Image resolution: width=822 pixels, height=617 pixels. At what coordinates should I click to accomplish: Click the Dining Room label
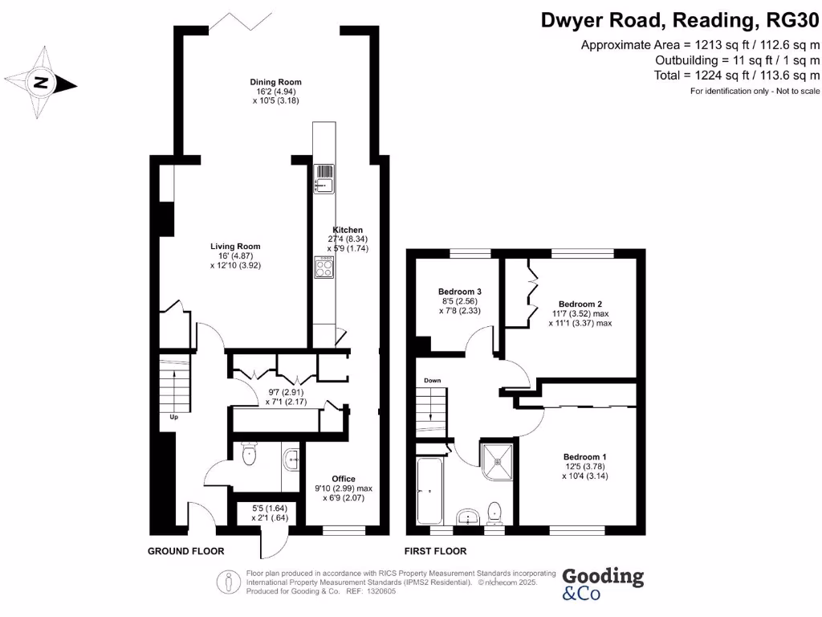[276, 82]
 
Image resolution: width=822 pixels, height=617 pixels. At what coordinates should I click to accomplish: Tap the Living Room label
[235, 247]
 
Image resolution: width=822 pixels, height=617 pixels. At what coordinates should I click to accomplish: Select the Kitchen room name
[348, 230]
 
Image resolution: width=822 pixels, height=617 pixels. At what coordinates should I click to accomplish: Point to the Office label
[344, 479]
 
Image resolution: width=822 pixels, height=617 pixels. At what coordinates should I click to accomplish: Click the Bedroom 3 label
[460, 292]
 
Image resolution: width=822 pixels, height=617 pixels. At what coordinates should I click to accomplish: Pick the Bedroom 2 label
[580, 304]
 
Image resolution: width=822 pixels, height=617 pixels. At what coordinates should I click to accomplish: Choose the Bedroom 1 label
[585, 457]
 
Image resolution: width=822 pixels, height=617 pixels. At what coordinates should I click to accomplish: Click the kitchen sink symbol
[324, 179]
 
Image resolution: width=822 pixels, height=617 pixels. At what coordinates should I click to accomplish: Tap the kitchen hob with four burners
[324, 267]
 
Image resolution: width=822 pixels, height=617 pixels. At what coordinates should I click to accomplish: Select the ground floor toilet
[249, 454]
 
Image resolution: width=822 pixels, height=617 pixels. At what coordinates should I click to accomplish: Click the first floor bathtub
[430, 491]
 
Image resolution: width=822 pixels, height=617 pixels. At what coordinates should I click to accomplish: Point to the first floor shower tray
[497, 462]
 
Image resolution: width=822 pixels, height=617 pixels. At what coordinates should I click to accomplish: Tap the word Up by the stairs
[173, 417]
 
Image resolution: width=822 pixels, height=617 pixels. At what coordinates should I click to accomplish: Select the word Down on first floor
[433, 380]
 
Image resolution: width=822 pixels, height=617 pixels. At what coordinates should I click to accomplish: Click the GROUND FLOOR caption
[185, 551]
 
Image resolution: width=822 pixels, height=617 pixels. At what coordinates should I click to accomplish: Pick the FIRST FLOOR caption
[435, 551]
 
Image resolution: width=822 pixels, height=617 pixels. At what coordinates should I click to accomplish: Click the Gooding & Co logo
[603, 584]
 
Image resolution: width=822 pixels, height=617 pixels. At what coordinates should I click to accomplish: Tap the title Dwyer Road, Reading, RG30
[680, 20]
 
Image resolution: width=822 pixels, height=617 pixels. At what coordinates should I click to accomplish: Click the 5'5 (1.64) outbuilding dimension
[270, 509]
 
